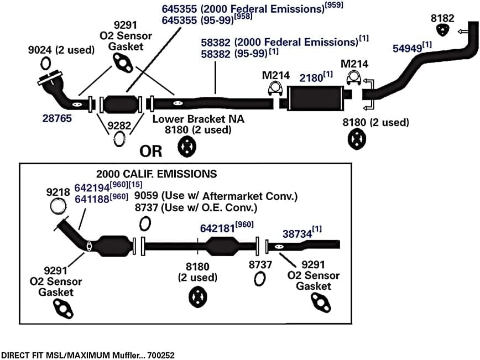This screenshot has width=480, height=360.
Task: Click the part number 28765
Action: [x=57, y=118]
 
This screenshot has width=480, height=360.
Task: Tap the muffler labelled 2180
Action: [x=315, y=98]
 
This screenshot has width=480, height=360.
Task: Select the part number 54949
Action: [x=408, y=48]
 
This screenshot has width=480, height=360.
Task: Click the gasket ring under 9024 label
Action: [x=45, y=64]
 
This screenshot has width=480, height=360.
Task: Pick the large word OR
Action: [x=150, y=151]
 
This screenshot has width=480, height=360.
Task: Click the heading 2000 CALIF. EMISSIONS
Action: [x=156, y=174]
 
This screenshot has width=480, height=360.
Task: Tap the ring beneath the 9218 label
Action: [x=58, y=206]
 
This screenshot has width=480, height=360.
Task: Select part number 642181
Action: [x=217, y=228]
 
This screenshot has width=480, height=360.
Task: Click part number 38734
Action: [x=297, y=234]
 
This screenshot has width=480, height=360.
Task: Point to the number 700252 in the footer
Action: [x=161, y=355]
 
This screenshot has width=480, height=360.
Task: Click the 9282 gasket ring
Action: [x=119, y=139]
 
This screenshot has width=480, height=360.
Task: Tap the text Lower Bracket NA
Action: [x=198, y=119]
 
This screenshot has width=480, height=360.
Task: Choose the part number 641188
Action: [x=92, y=199]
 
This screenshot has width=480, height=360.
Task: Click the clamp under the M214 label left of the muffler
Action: [x=275, y=89]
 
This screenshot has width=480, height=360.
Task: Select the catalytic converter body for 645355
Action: [x=120, y=104]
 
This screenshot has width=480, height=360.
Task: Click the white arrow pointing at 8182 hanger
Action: [x=463, y=31]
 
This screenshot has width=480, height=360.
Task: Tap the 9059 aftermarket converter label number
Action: [x=146, y=196]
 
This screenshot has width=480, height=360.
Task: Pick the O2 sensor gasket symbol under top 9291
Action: [x=122, y=62]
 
